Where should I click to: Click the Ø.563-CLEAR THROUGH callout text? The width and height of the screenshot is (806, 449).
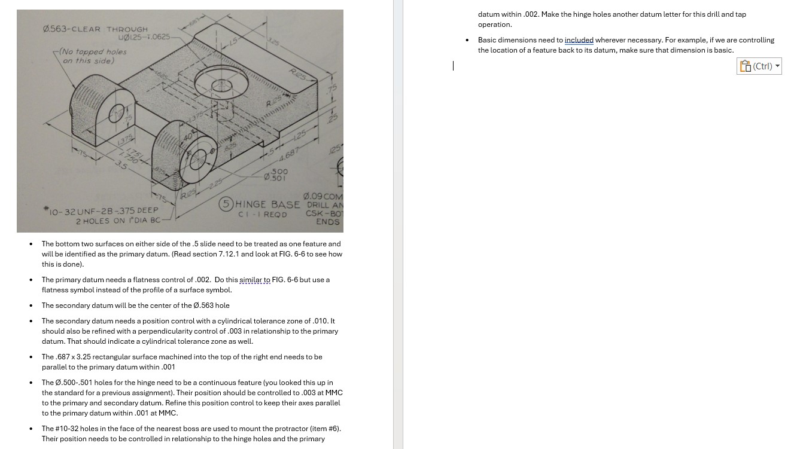(x=95, y=28)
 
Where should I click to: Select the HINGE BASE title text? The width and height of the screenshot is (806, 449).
(x=266, y=204)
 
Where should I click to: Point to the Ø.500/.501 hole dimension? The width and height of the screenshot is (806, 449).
(x=279, y=174)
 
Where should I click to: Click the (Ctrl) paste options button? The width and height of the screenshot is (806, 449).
(x=759, y=66)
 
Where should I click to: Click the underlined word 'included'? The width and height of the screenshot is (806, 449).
(x=579, y=40)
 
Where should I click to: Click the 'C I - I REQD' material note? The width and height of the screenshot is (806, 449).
(x=262, y=215)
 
